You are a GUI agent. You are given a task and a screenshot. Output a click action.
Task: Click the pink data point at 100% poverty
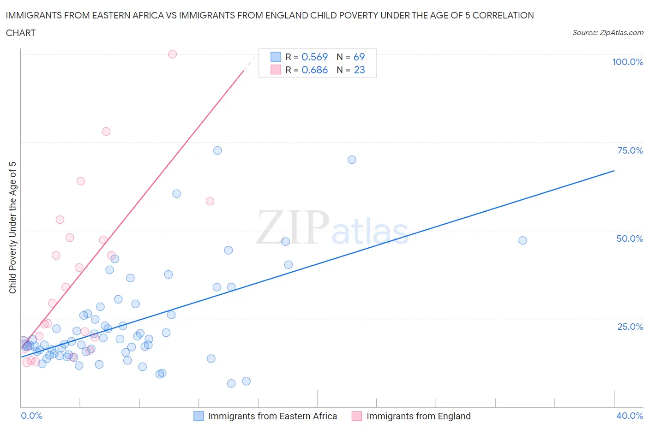172,54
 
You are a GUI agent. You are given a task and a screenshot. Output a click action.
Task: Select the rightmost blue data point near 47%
523,240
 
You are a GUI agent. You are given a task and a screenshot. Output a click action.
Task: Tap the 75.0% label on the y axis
630,150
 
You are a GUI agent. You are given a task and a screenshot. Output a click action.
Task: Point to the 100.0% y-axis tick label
627,62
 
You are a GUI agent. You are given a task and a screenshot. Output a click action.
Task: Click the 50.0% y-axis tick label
630,238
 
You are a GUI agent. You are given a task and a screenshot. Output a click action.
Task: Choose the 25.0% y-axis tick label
630,327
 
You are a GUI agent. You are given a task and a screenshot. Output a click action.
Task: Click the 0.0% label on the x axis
31,416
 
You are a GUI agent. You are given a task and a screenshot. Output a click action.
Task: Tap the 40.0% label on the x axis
630,416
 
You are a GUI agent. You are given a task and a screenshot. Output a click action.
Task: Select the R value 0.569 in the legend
314,57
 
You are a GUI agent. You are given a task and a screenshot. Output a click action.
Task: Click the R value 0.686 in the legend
314,70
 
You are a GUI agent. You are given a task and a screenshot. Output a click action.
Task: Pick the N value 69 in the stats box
359,57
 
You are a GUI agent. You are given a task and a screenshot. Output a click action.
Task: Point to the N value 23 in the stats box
359,70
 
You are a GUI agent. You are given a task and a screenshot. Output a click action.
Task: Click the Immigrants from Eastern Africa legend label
272,416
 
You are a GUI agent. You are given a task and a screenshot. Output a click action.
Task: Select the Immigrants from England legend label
418,416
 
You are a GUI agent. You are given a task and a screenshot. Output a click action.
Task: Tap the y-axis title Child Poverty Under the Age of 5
12,227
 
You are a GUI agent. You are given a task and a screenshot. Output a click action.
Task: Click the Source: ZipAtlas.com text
607,32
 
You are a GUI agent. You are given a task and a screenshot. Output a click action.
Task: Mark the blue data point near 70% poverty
352,160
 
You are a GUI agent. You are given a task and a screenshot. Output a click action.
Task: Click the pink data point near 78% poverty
106,131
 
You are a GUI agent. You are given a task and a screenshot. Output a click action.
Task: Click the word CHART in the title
21,33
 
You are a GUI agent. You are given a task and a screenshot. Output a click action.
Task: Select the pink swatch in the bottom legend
356,416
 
